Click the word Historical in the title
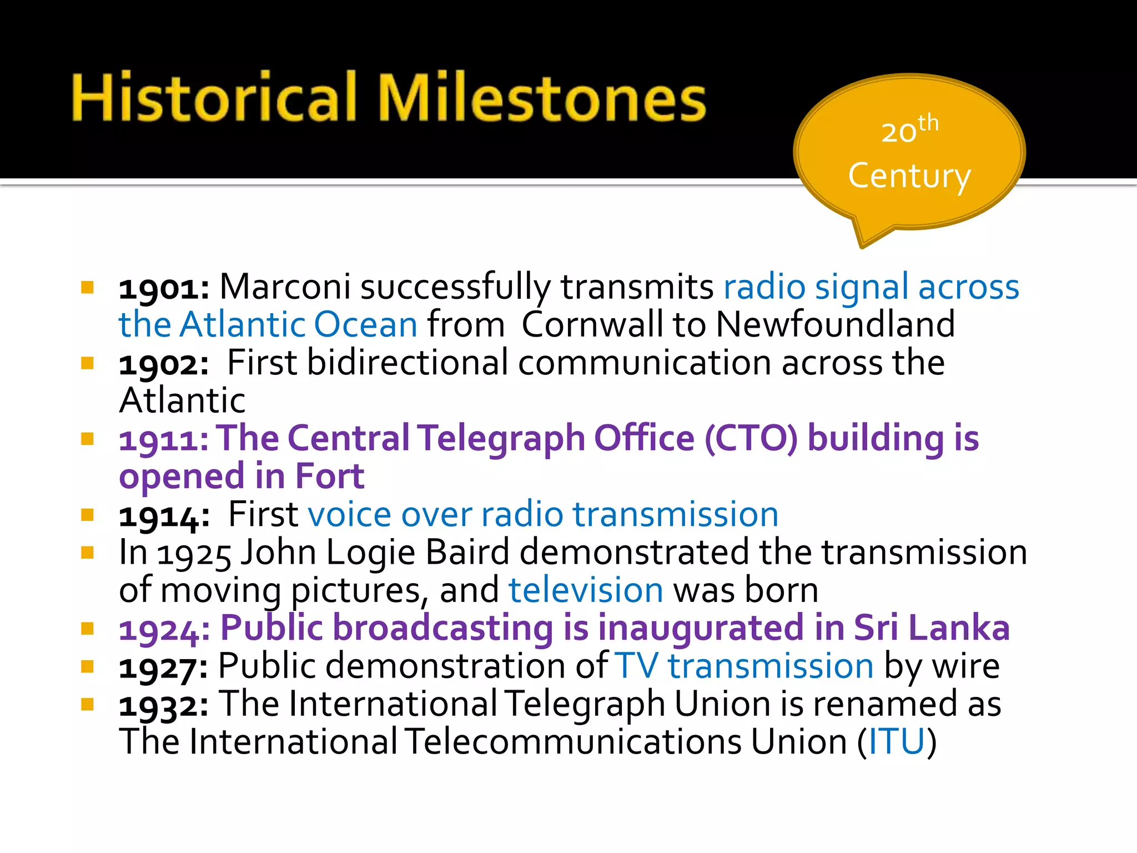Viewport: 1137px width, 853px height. tap(214, 98)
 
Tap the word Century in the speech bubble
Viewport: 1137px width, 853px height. tap(909, 177)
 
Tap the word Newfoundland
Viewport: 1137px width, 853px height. tap(836, 324)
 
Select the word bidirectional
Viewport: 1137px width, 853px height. tap(407, 363)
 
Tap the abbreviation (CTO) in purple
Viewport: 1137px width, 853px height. tap(751, 439)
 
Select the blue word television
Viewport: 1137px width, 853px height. tap(586, 590)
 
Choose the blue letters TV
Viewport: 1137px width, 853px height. tap(637, 666)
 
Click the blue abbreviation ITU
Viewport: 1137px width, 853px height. tap(897, 742)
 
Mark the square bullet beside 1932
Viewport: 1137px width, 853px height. tap(87, 704)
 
